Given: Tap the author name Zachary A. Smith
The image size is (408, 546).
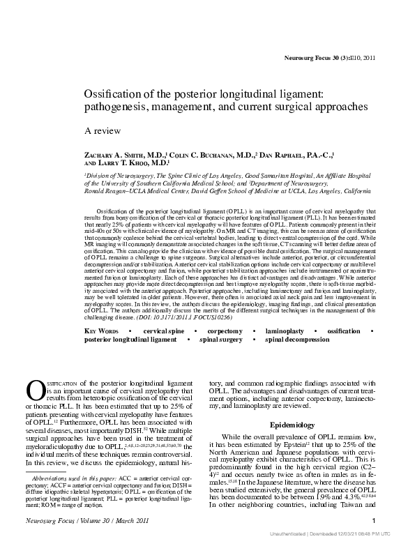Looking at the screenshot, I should point(116,154).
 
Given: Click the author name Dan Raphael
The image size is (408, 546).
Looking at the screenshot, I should point(282,154).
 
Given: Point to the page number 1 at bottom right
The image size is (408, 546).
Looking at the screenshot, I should point(375,521).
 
